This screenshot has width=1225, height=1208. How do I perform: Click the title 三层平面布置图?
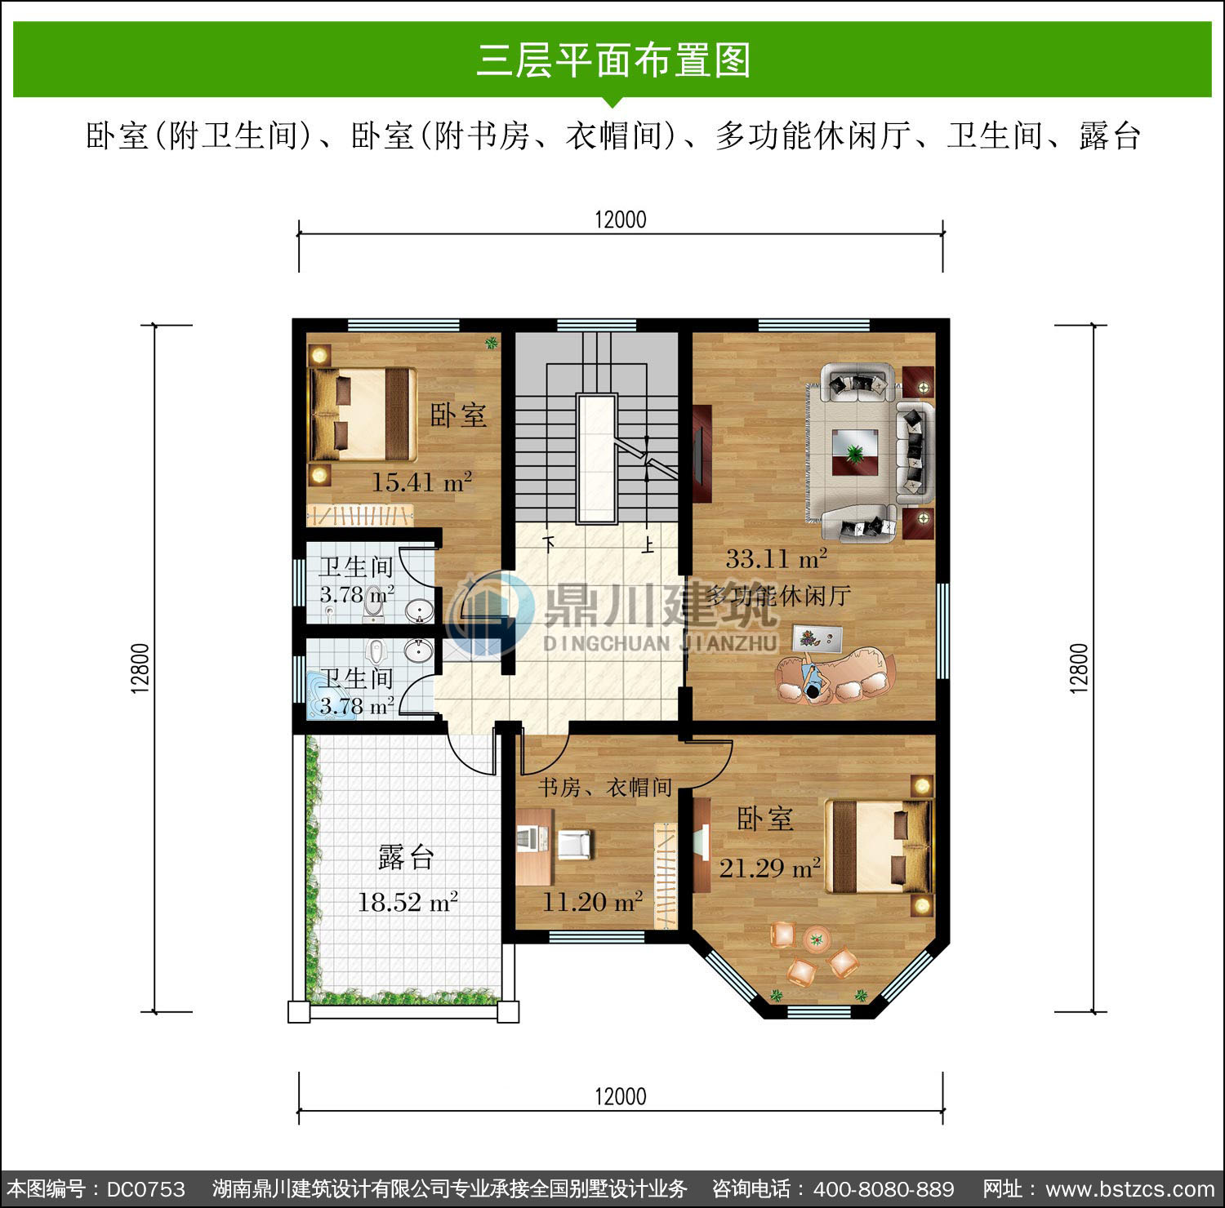pyautogui.click(x=613, y=60)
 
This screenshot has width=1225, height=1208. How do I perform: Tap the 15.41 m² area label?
pyautogui.click(x=422, y=482)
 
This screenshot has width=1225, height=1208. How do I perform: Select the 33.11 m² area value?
pyautogui.click(x=777, y=558)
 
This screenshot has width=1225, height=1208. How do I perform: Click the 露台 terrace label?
pyautogui.click(x=406, y=857)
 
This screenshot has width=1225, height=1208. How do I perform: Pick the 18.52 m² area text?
pyautogui.click(x=408, y=902)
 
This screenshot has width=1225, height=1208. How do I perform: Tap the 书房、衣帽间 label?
pyautogui.click(x=605, y=787)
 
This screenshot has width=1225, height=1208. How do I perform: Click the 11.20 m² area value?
pyautogui.click(x=593, y=902)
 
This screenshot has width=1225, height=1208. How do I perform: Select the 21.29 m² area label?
pyautogui.click(x=770, y=868)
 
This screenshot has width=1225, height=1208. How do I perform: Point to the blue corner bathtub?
pyautogui.click(x=325, y=695)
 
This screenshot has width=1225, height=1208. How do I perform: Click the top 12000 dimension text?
pyautogui.click(x=621, y=220)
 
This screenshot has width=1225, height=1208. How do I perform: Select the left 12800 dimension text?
pyautogui.click(x=140, y=668)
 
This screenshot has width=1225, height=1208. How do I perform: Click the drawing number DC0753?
pyautogui.click(x=146, y=1189)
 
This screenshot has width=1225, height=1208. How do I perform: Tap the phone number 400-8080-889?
pyautogui.click(x=884, y=1189)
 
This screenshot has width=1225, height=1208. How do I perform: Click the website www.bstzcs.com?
pyautogui.click(x=1130, y=1189)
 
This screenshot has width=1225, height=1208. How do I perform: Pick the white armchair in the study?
pyautogui.click(x=575, y=844)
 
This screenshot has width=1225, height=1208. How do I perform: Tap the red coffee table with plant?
pyautogui.click(x=855, y=452)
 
